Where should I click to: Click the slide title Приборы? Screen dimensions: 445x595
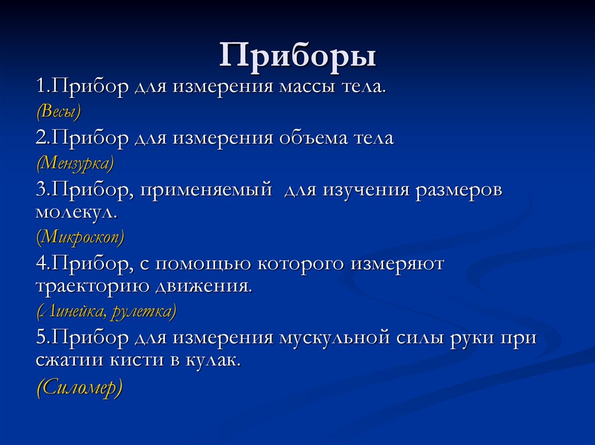(297, 56)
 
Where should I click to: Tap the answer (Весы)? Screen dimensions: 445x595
(58, 111)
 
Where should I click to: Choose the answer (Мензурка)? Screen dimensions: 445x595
(75, 163)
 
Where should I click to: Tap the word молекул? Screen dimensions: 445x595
(76, 212)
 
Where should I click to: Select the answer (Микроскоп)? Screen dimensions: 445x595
(80, 237)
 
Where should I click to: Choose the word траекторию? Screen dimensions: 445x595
(92, 287)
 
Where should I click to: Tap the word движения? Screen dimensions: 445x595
(203, 287)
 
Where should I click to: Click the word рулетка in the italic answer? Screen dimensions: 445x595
(143, 312)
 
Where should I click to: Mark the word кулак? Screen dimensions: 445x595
(213, 360)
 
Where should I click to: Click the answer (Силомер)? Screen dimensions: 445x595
(80, 387)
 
